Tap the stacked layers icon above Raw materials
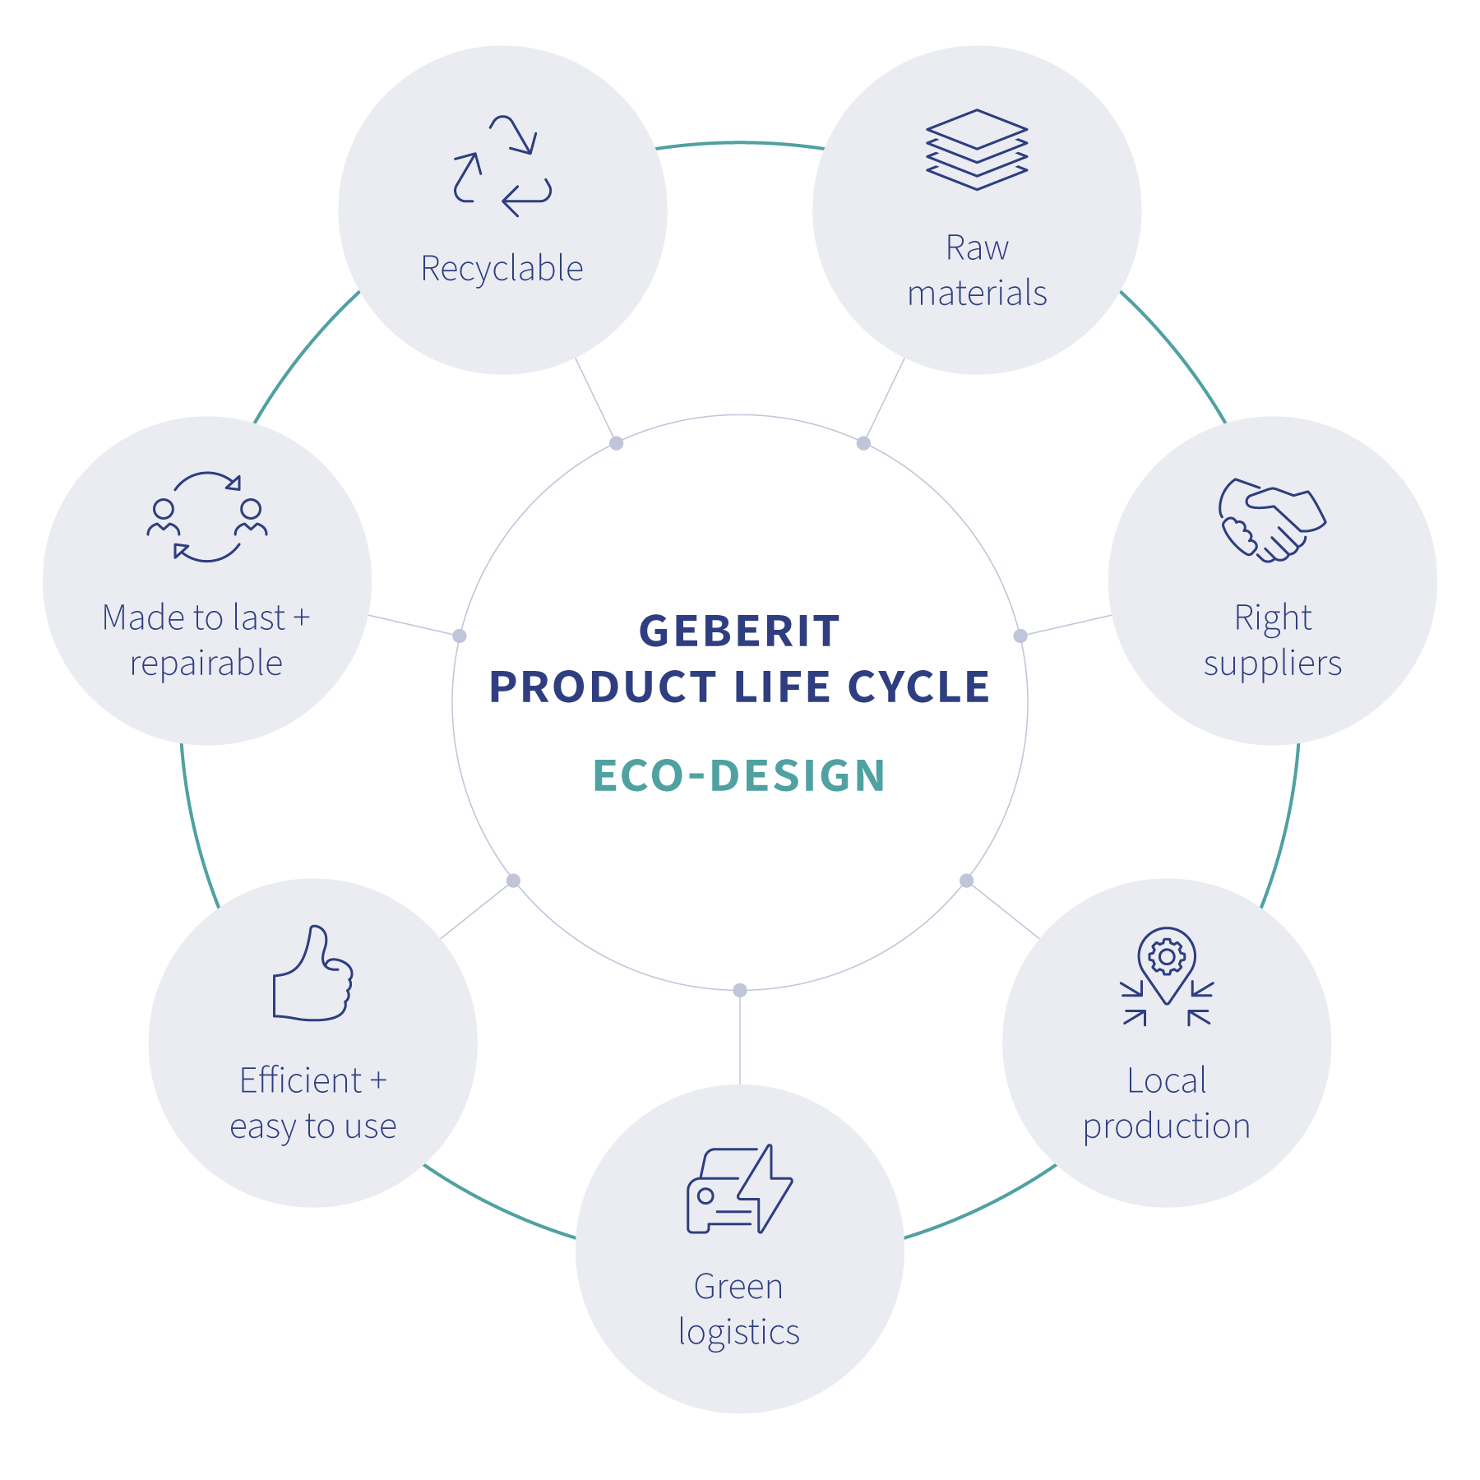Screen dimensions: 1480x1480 click(977, 150)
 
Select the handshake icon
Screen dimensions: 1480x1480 click(1271, 520)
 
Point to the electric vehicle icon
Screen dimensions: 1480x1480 click(739, 1189)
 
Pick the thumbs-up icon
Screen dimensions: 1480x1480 click(312, 974)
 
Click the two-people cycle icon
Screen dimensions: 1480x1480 click(207, 516)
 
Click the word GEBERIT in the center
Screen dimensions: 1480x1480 click(739, 631)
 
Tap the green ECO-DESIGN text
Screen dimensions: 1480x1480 click(739, 775)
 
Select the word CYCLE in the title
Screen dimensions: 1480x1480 click(918, 687)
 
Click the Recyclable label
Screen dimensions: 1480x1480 click(502, 268)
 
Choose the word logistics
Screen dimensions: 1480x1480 click(739, 1333)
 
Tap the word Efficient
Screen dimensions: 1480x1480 click(301, 1080)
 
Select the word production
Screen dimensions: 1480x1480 click(1167, 1127)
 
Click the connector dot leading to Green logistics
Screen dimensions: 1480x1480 click(740, 990)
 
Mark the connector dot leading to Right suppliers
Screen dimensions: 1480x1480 click(1020, 636)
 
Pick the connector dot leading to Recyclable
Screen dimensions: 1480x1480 click(616, 443)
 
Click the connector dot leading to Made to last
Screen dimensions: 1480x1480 click(460, 636)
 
